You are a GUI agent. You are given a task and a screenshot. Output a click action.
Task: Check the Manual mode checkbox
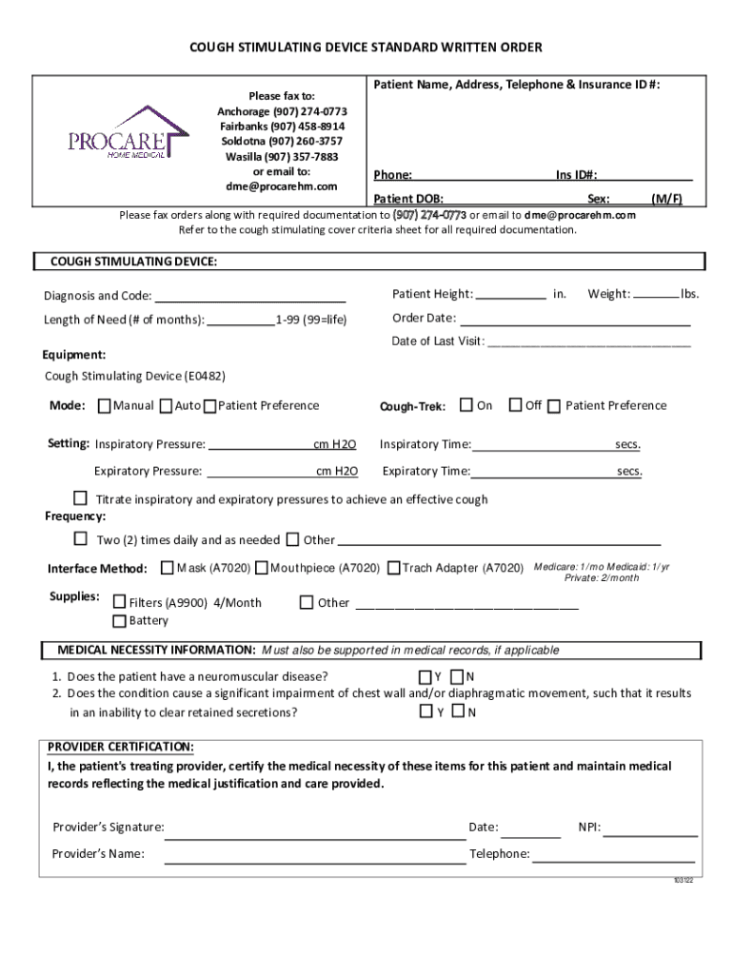[104, 406]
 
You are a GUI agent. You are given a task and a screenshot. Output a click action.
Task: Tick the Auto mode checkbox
[166, 406]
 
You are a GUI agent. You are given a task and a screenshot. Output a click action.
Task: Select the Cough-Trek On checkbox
[466, 405]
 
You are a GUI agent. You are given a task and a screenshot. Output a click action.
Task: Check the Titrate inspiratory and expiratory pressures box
[81, 498]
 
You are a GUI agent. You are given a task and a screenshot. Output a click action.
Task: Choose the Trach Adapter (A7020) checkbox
[393, 568]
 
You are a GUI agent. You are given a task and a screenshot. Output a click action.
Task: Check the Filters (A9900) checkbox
[119, 602]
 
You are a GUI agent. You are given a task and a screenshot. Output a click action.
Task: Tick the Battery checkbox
[119, 621]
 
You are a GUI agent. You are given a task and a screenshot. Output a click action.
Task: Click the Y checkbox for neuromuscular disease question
[425, 676]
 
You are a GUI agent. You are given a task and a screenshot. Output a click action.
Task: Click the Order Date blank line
[576, 322]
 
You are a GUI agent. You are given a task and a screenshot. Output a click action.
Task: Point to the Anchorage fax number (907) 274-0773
[282, 111]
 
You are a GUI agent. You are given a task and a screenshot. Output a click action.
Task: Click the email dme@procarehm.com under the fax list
[282, 185]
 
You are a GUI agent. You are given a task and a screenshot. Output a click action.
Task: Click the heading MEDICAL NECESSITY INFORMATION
[156, 651]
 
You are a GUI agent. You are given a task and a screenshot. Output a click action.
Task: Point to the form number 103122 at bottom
[683, 880]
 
